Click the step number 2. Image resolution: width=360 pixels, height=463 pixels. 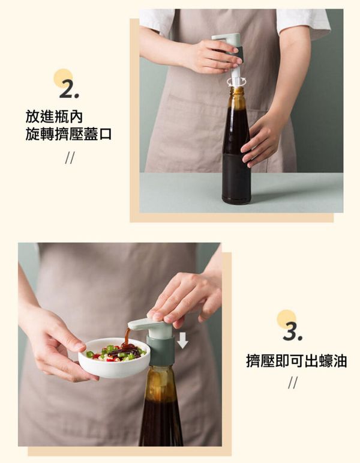click(69, 89)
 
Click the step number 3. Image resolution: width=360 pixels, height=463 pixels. click(292, 331)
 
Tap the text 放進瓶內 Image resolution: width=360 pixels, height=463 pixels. click(54, 117)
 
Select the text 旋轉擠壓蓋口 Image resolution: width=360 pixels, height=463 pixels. click(68, 134)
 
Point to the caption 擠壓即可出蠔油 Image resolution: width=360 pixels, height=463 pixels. click(296, 361)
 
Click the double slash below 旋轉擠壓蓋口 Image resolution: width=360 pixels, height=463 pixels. click(70, 158)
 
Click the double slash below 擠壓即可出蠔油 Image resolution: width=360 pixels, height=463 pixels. click(293, 383)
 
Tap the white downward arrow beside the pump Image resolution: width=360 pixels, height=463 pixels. click(182, 340)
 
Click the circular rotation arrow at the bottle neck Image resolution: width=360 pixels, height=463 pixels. click(236, 81)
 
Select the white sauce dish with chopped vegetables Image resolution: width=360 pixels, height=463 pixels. click(114, 358)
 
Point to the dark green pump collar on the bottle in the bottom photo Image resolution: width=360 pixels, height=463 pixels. click(161, 351)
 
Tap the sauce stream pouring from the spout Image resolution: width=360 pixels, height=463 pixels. click(127, 338)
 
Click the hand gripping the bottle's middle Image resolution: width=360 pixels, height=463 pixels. click(260, 139)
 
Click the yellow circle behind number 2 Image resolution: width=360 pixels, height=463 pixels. click(63, 78)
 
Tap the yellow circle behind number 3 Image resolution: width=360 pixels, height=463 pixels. click(287, 319)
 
